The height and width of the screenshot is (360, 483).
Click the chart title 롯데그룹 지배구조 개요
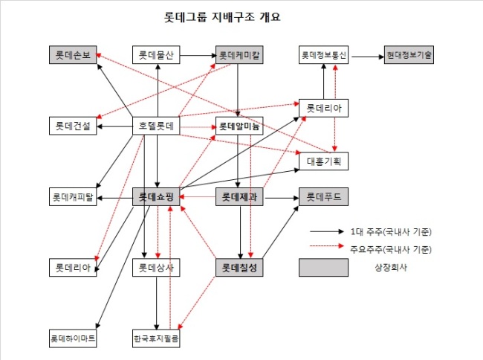point(222,16)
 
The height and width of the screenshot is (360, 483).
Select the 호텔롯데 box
point(156,126)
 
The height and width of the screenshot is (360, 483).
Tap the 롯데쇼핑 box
point(156,196)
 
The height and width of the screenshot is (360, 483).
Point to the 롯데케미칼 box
point(239,55)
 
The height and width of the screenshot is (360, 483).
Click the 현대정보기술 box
point(409,55)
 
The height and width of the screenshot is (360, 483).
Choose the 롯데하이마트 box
point(73,338)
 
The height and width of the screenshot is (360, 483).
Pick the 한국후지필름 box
point(156,338)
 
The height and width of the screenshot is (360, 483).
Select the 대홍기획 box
point(323,161)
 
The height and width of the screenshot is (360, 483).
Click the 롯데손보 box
point(73,55)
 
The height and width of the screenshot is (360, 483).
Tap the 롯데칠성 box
point(239,268)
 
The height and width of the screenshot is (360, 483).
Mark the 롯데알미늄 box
point(239,126)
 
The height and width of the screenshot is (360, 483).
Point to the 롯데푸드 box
point(323,196)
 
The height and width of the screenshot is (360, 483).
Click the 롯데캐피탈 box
point(73,196)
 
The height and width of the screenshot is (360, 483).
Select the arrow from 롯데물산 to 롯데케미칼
point(198,56)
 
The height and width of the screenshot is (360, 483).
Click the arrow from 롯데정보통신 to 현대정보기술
point(368,57)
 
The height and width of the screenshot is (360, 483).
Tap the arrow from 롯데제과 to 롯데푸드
point(282,198)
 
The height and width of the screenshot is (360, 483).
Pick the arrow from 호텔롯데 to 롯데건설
point(114,126)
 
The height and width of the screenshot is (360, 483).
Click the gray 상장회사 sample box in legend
point(323,268)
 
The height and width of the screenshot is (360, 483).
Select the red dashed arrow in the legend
point(327,245)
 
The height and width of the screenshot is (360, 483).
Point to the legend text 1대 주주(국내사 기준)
point(391,231)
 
